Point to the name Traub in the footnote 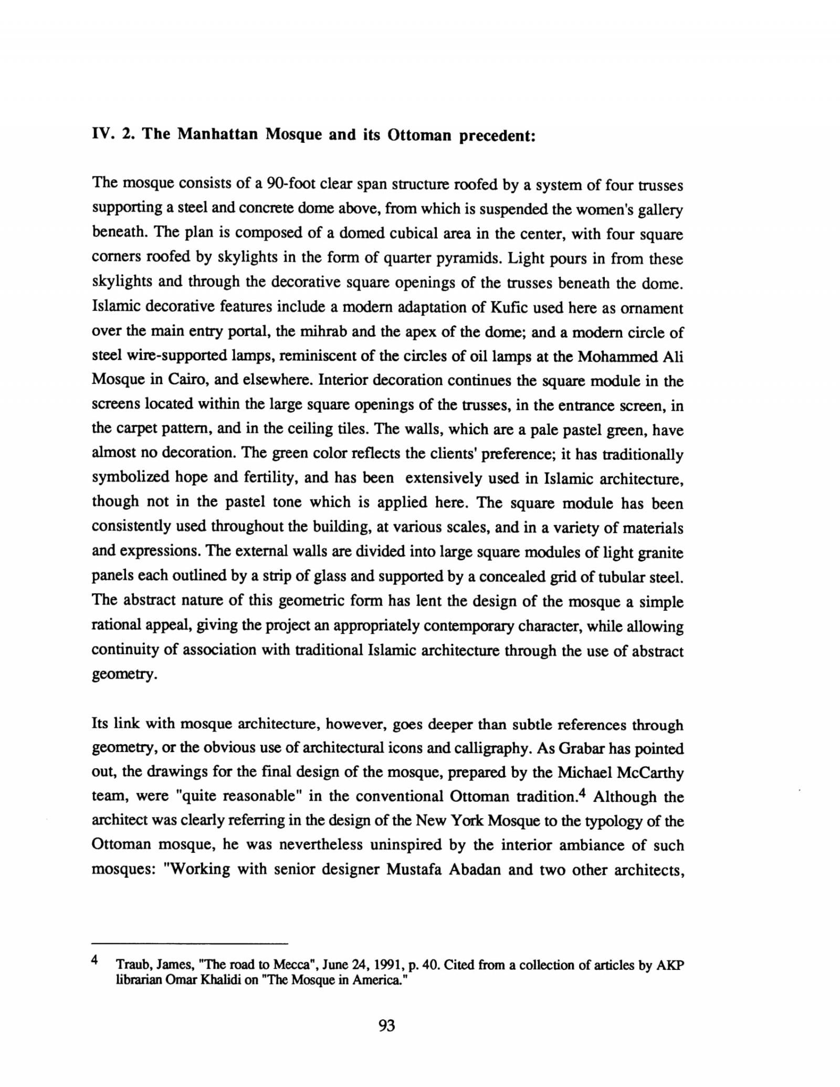[130, 965]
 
